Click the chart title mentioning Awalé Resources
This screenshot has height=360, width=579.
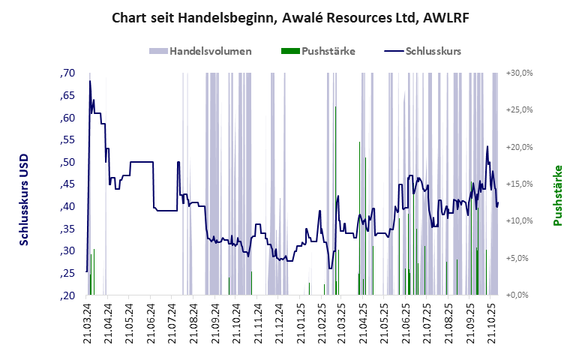(289, 16)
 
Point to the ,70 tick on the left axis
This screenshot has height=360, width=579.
(67, 73)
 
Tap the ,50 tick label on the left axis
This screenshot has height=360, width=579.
(67, 162)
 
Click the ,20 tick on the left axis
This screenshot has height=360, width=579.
(67, 295)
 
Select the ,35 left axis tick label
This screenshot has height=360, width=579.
(67, 229)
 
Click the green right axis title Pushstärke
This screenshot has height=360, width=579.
(557, 196)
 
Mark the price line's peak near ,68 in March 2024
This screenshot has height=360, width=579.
(90, 81)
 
